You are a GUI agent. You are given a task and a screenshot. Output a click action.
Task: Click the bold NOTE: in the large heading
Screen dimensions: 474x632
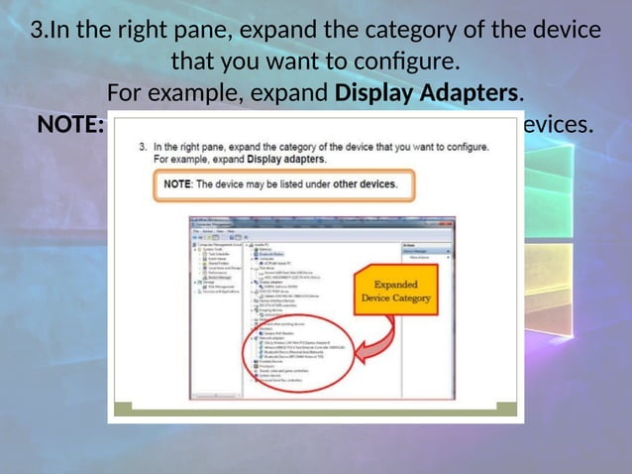[70, 126]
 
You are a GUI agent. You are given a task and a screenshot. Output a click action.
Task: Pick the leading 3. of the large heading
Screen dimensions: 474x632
[41, 31]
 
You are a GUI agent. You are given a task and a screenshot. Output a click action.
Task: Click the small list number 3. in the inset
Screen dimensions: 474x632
[143, 147]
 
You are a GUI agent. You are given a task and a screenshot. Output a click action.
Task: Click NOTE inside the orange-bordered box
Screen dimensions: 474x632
[177, 184]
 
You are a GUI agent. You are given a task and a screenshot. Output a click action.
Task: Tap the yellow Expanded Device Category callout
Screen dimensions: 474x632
[396, 291]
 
